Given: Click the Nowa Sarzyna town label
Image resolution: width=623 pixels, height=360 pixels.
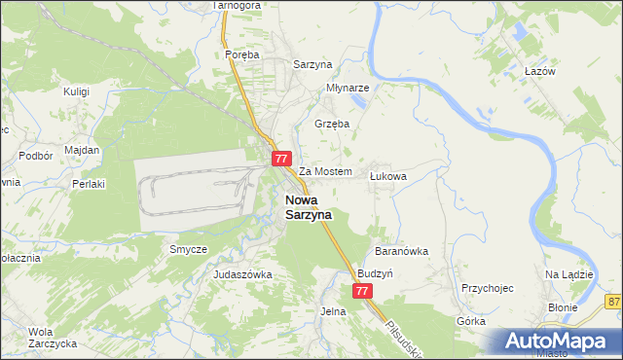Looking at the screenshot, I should coord(308,206).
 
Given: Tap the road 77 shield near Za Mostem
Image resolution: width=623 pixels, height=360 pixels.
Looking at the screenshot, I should coord(281,158).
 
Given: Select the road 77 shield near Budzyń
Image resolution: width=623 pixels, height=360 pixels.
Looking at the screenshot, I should coord(362,291).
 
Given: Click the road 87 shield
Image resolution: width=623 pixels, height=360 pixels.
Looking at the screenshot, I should coord(613,303).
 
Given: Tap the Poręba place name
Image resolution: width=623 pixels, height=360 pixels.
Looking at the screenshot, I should coord(242,55).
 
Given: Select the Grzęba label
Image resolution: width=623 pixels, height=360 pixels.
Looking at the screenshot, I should coord(332,124).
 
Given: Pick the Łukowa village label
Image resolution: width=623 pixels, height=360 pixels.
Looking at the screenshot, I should coord(388,177).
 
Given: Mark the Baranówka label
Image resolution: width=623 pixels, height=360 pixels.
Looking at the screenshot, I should coord(401,251).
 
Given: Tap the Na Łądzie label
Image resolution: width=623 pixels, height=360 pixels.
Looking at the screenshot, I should coord(569,274).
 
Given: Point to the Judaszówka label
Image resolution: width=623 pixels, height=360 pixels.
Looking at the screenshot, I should coord(242,274).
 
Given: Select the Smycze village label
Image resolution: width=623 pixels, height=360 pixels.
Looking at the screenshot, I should coord(189,249).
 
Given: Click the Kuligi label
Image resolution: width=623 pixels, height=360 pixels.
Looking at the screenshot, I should coord(77,91).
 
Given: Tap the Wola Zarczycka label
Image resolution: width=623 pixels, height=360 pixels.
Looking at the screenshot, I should coord(40,337).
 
